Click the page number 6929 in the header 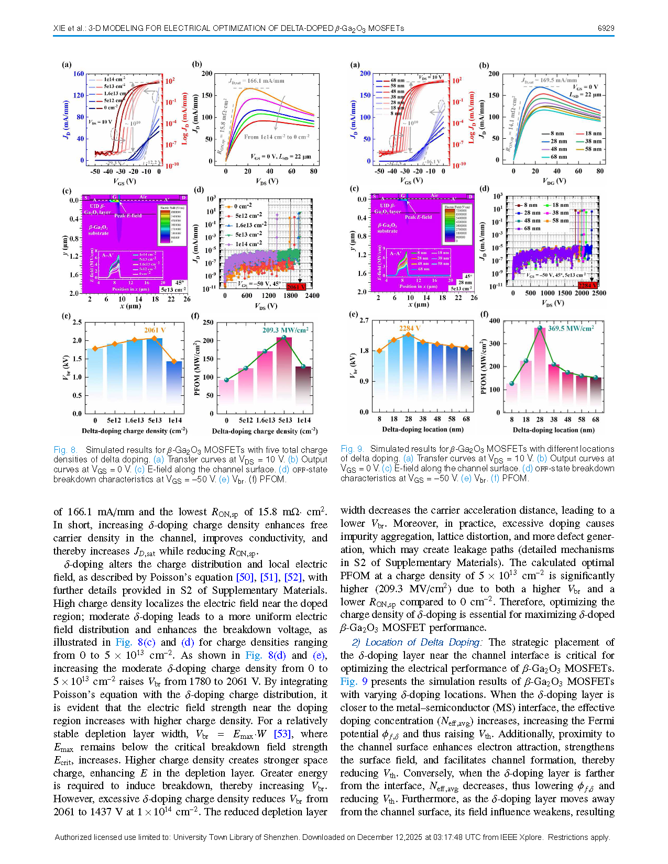pyautogui.click(x=606, y=28)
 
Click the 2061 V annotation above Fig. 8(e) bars pyautogui.click(x=155, y=330)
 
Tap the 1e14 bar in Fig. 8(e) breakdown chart pyautogui.click(x=174, y=387)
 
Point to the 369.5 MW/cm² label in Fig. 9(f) pyautogui.click(x=571, y=328)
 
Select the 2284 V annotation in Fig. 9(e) pyautogui.click(x=410, y=328)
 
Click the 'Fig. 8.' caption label pyautogui.click(x=65, y=450)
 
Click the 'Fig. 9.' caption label pyautogui.click(x=352, y=449)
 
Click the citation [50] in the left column pyautogui.click(x=245, y=577)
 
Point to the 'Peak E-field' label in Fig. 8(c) pyautogui.click(x=128, y=215)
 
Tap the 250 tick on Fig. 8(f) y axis pyautogui.click(x=208, y=323)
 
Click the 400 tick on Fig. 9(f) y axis pyautogui.click(x=494, y=321)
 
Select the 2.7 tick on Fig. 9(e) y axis pyautogui.click(x=364, y=320)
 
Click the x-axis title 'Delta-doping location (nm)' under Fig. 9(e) pyautogui.click(x=422, y=429)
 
